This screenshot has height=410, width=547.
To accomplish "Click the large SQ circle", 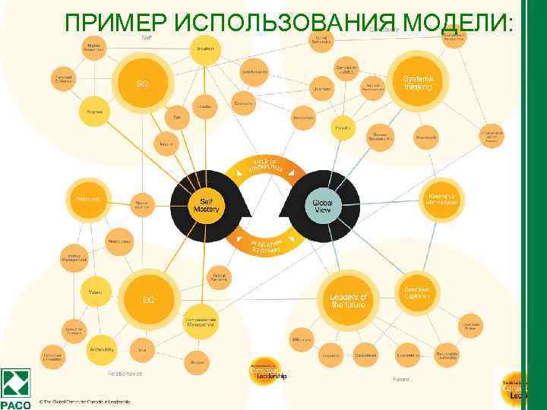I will click(x=141, y=83).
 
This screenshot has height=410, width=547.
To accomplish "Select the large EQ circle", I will click(x=148, y=299).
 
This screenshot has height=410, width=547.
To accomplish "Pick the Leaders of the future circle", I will click(x=348, y=300).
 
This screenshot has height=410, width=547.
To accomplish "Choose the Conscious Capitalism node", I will click(x=416, y=292).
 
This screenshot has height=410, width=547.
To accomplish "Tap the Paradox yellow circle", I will click(x=343, y=128).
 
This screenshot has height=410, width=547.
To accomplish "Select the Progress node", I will click(x=95, y=112).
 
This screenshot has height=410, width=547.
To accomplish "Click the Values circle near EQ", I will click(x=96, y=292).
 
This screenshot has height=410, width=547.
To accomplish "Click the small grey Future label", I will click(x=401, y=378).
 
